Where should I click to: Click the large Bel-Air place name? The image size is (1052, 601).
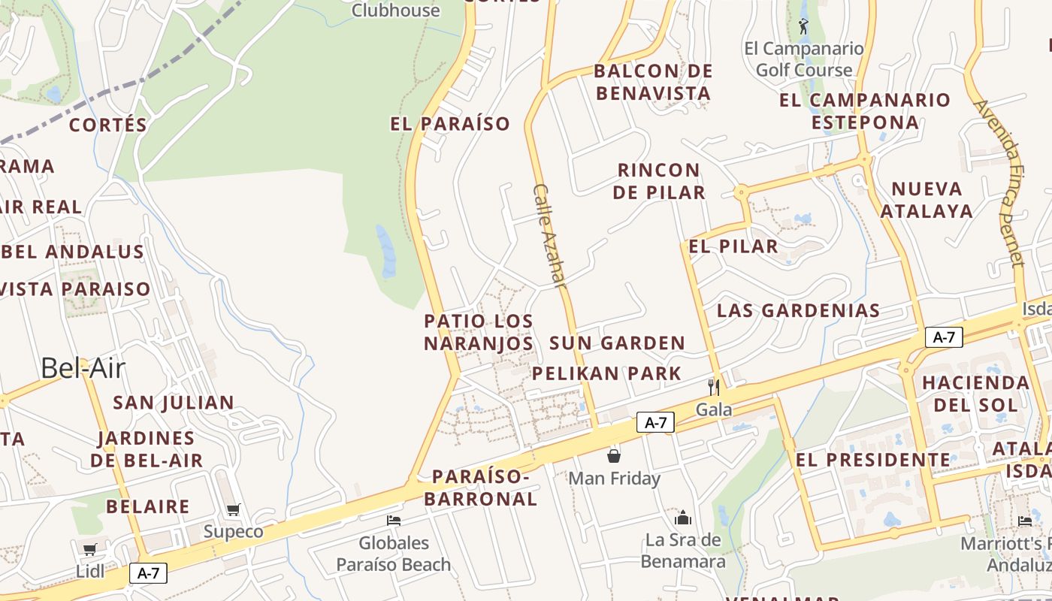point(83,368)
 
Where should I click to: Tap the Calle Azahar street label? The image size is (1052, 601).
point(549,236)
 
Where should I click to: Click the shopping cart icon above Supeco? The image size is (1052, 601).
point(234,509)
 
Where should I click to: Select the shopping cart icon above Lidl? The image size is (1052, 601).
point(90,549)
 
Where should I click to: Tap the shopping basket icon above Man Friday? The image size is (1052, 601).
point(614,455)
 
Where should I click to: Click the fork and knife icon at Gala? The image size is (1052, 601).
point(714,387)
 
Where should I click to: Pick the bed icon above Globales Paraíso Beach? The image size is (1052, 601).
point(394,520)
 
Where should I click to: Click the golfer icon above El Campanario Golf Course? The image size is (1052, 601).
point(804,27)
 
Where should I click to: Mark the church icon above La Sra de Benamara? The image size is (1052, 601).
point(683,518)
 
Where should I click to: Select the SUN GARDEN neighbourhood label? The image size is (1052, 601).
point(617,343)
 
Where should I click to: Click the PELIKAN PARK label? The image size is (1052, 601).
point(606,373)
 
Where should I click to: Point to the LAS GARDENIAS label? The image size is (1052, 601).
point(798,310)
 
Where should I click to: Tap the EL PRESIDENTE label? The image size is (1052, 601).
point(873,460)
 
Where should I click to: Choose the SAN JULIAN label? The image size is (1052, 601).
point(174,403)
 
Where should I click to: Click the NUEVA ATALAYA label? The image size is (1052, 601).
point(927,200)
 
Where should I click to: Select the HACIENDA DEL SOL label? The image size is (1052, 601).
point(976,394)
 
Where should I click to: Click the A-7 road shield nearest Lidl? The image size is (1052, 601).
point(148,573)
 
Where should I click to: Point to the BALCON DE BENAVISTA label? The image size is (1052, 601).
point(651,82)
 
